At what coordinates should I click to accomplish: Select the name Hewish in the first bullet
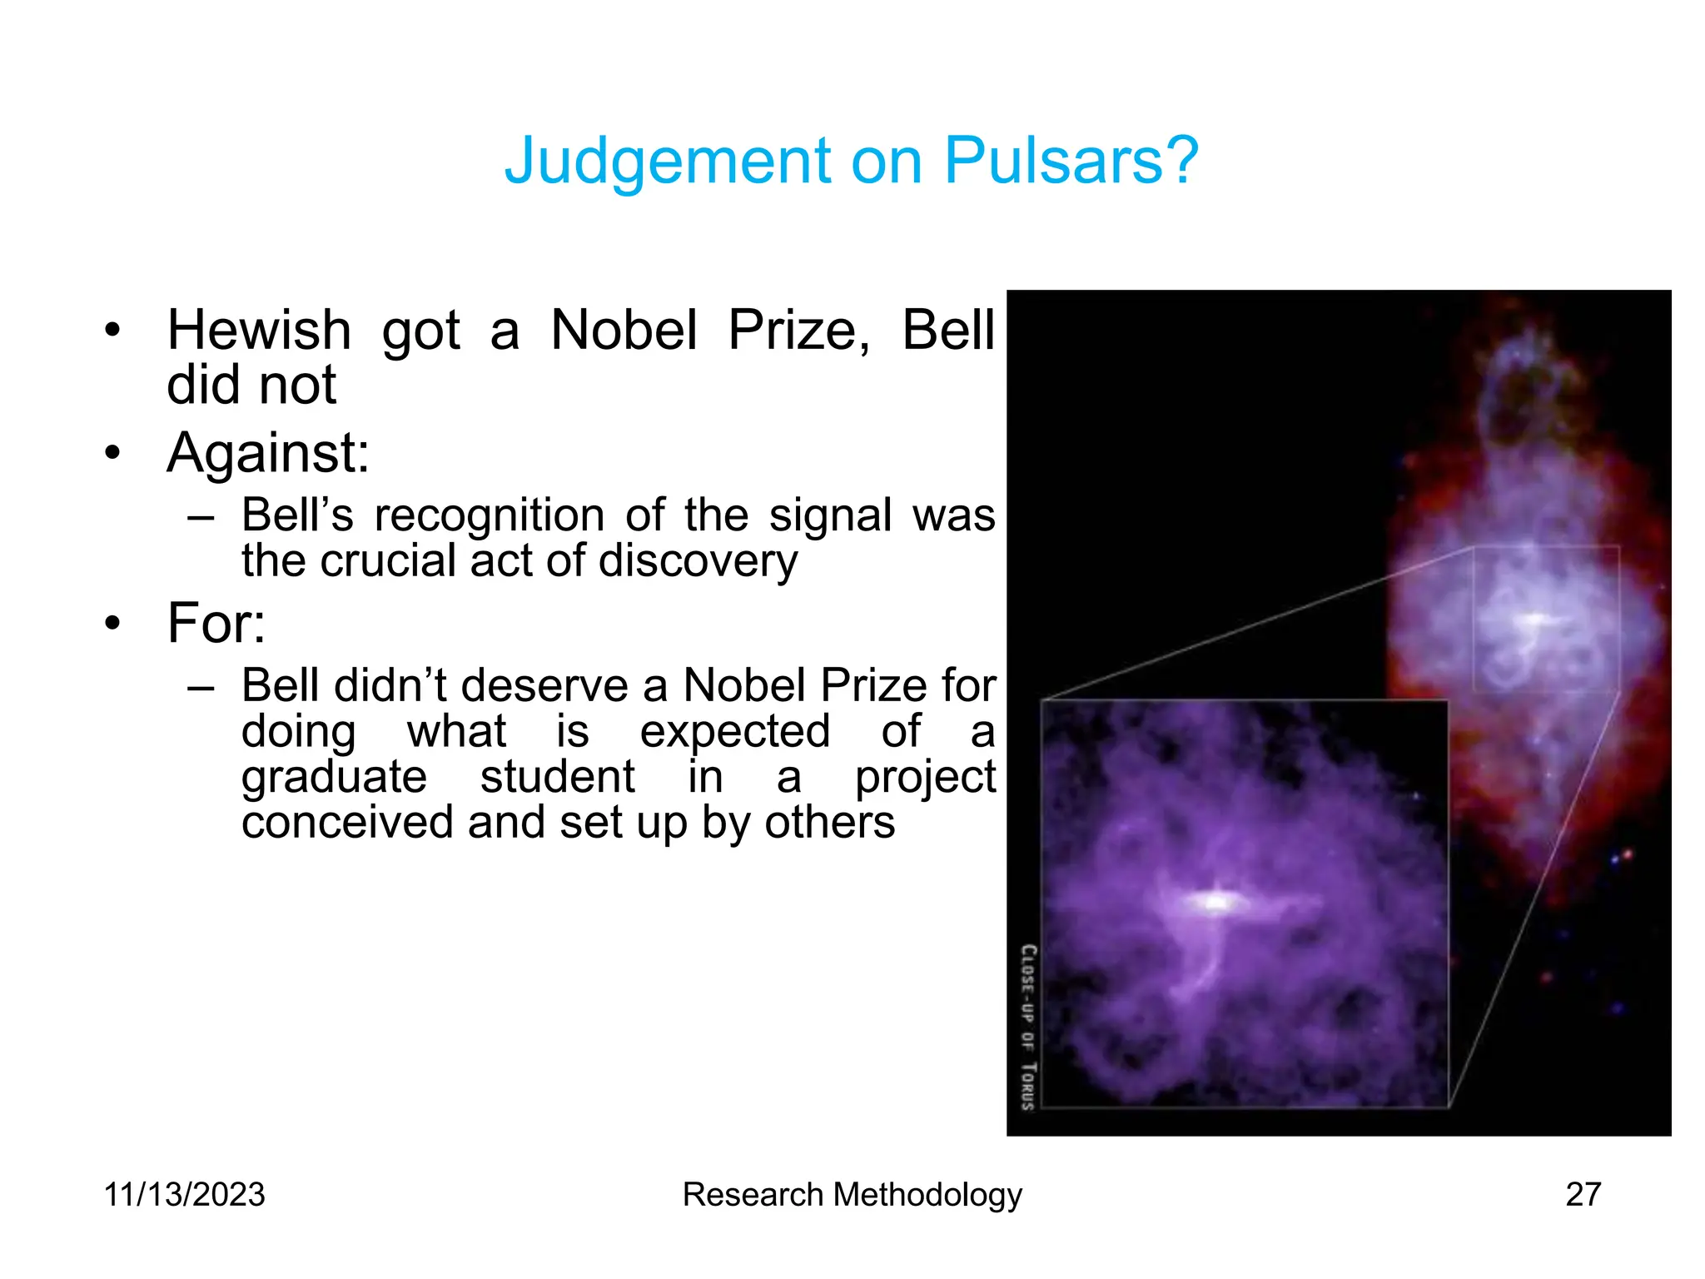(259, 331)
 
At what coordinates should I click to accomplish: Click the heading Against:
(268, 454)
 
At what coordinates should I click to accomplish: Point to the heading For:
(216, 623)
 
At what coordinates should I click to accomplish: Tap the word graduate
(334, 778)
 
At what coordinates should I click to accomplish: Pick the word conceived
(346, 823)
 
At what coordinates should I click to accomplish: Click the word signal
(830, 515)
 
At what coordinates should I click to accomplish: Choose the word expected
(734, 732)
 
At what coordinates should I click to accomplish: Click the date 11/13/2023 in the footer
(184, 1195)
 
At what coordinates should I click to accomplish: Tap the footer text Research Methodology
(852, 1195)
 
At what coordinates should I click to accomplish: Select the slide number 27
(1583, 1195)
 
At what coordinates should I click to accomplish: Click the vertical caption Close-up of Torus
(1029, 1027)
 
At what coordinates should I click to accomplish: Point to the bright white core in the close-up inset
(1218, 901)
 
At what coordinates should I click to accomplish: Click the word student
(557, 777)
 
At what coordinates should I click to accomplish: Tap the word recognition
(490, 515)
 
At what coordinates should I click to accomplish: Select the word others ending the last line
(829, 823)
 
